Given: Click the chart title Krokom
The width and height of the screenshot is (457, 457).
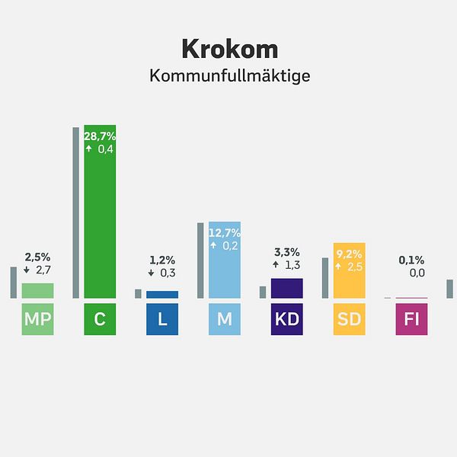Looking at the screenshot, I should point(229,50).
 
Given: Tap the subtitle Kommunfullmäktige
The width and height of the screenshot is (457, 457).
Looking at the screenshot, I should point(229,77).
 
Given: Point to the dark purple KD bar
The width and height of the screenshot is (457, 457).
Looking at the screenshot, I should point(287,288).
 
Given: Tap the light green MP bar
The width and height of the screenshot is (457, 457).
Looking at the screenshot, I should point(37,290).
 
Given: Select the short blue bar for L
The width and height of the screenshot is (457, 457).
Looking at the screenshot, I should point(162,294).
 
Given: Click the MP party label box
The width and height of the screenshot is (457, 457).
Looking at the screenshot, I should point(37,320).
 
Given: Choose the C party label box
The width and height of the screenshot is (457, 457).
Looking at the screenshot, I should point(100,320).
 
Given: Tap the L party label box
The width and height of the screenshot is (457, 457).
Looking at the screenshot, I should point(162,320).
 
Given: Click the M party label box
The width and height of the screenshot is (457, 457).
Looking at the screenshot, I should point(225,320).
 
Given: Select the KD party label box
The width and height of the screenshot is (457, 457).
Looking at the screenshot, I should point(287,320).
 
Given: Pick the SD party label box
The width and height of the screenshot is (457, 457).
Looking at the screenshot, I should point(350,320).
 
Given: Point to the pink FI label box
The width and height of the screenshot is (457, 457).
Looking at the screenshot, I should point(412,320).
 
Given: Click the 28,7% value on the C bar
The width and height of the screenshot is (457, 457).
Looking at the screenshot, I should point(99,135).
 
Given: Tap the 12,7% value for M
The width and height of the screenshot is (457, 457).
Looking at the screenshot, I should point(225,232).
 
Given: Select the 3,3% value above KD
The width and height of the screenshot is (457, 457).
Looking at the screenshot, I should point(287,251).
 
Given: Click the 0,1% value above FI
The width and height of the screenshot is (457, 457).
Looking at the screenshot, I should point(412,259).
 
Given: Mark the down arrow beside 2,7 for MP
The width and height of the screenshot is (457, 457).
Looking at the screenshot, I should point(27,270).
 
